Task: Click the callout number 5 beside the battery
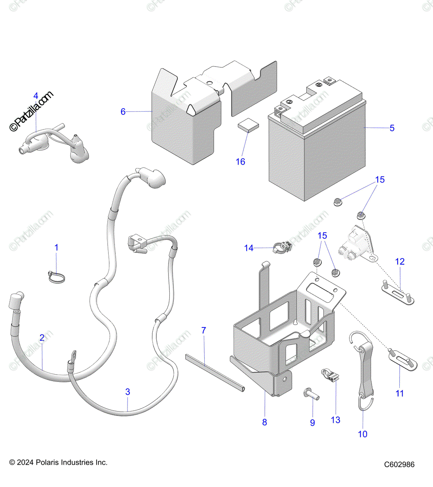[x=392, y=128]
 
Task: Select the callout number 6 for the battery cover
[x=123, y=112]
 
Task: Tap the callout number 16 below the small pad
[x=240, y=162]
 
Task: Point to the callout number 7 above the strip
[x=204, y=330]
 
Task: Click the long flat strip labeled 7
[x=215, y=372]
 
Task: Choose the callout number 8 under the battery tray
[x=264, y=422]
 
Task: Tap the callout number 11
[x=400, y=393]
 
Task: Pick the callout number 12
[x=400, y=261]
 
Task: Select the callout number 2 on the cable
[x=42, y=338]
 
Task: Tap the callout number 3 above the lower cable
[x=128, y=392]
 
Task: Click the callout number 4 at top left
[x=36, y=96]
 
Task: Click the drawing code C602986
[x=400, y=465]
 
